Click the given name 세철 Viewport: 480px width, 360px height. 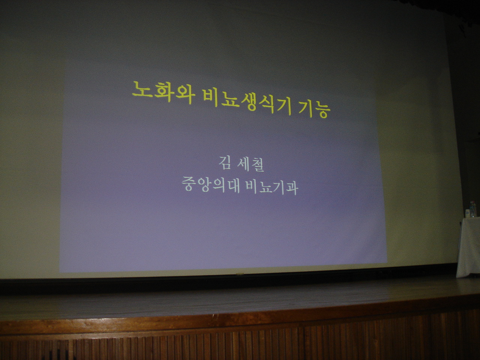[251, 164]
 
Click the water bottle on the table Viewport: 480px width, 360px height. [472, 209]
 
